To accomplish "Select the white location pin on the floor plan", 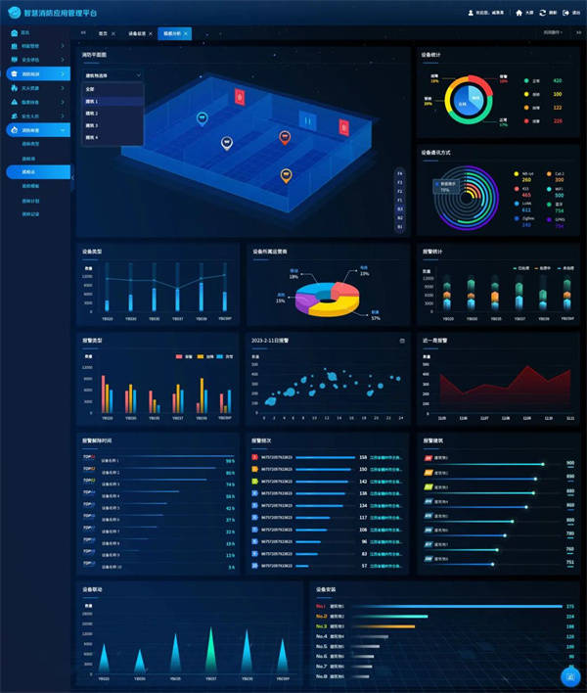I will [x=227, y=142].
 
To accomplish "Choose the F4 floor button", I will [x=399, y=173].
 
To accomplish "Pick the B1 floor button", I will [x=399, y=208].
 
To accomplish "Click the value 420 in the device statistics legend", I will [x=558, y=80].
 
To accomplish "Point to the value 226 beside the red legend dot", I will [x=558, y=120].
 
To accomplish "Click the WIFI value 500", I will [x=560, y=195].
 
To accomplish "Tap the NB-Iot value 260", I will [x=527, y=179].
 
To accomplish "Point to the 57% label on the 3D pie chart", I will [x=375, y=318].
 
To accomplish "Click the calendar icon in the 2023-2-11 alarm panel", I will [x=401, y=341].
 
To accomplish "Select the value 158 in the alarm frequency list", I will [x=363, y=457].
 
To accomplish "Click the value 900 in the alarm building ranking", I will [x=570, y=462].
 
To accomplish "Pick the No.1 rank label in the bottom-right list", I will [x=321, y=606].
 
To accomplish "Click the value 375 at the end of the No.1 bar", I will [x=569, y=606].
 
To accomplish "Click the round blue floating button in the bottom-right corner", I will [x=568, y=675].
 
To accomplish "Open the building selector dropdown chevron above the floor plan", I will [x=139, y=74].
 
